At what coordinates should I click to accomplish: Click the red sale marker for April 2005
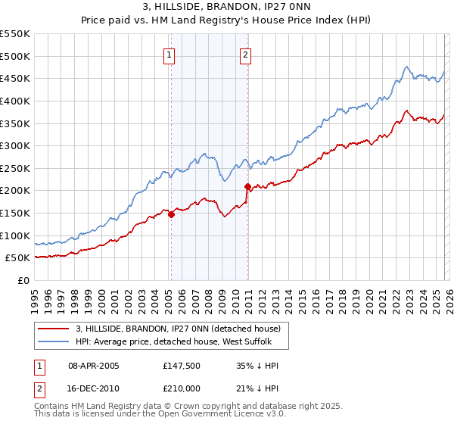tap(171, 214)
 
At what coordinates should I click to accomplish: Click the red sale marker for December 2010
tap(247, 186)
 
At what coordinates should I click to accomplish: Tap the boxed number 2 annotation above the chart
tap(247, 54)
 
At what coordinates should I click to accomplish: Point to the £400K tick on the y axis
tap(14, 101)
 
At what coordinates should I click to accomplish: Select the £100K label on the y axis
tap(14, 235)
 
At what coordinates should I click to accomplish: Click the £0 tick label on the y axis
tap(23, 280)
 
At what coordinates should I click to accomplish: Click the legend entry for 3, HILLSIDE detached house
tap(178, 329)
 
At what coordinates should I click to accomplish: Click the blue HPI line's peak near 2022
tap(406, 67)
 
